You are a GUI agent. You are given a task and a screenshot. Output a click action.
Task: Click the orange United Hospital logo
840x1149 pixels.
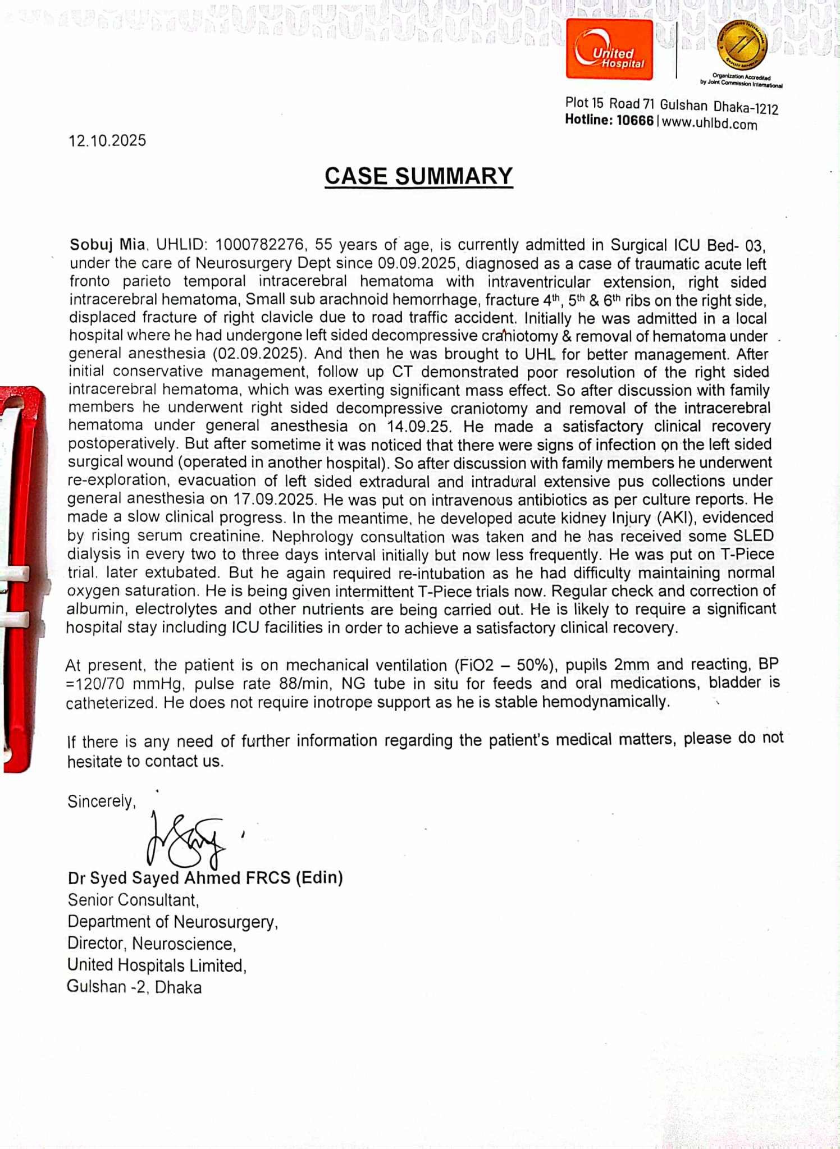coord(609,49)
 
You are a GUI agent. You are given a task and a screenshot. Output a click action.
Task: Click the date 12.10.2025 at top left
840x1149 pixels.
coord(107,140)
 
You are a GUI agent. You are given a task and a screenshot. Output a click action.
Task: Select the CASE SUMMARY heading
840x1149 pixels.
coord(418,176)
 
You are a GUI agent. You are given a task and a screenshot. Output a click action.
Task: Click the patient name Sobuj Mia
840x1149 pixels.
coord(107,245)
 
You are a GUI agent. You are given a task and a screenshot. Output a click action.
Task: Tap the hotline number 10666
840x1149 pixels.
coord(635,121)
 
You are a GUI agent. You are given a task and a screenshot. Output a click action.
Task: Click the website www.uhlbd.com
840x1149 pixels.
coord(710,123)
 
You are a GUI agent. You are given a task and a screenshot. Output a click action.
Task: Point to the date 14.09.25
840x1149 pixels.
coord(418,427)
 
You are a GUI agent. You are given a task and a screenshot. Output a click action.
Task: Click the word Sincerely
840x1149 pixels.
coord(102,801)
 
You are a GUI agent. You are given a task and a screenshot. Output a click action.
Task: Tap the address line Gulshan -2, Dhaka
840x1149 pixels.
coord(134,987)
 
